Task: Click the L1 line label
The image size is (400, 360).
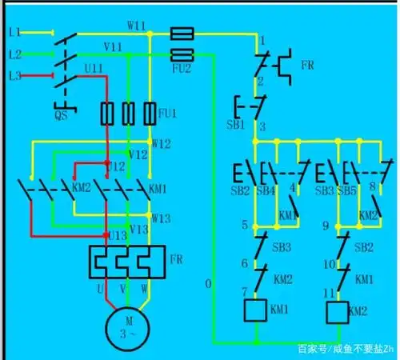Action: (13, 33)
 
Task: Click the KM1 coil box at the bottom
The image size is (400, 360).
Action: (255, 308)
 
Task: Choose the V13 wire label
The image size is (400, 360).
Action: (139, 230)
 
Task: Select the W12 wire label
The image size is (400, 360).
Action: (161, 144)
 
